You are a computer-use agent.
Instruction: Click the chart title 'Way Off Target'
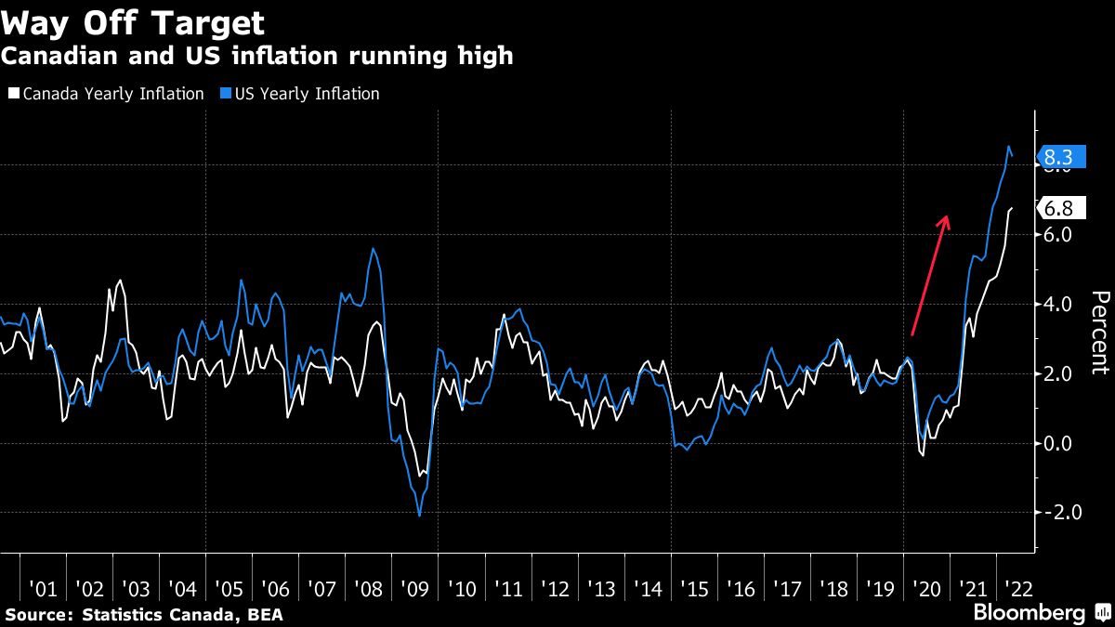tap(133, 22)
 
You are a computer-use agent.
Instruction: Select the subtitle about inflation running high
tap(256, 57)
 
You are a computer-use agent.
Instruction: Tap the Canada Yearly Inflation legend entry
tap(106, 94)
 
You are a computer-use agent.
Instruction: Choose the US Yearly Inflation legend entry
tap(301, 94)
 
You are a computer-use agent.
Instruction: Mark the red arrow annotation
tap(930, 275)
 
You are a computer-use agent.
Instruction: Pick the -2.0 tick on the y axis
tap(1059, 513)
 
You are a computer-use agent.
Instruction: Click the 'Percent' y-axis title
tap(1100, 333)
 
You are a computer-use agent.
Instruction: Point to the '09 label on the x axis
tap(414, 589)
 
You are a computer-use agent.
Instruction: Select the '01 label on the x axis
tap(43, 589)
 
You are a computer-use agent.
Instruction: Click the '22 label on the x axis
tap(1018, 589)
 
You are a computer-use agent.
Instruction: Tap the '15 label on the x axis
tap(693, 589)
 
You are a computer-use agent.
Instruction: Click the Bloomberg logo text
tap(1029, 613)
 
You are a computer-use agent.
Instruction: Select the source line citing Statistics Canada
tap(144, 614)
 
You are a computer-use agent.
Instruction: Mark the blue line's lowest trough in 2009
tap(420, 516)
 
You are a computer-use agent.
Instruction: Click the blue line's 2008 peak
tap(373, 249)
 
